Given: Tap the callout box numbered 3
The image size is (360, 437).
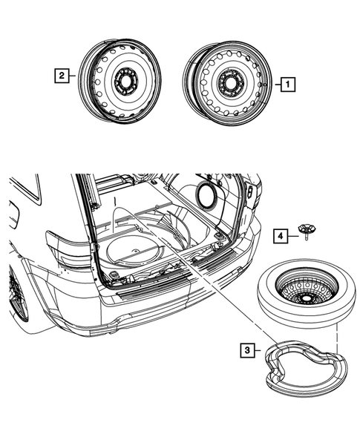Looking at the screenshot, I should [x=246, y=348].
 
